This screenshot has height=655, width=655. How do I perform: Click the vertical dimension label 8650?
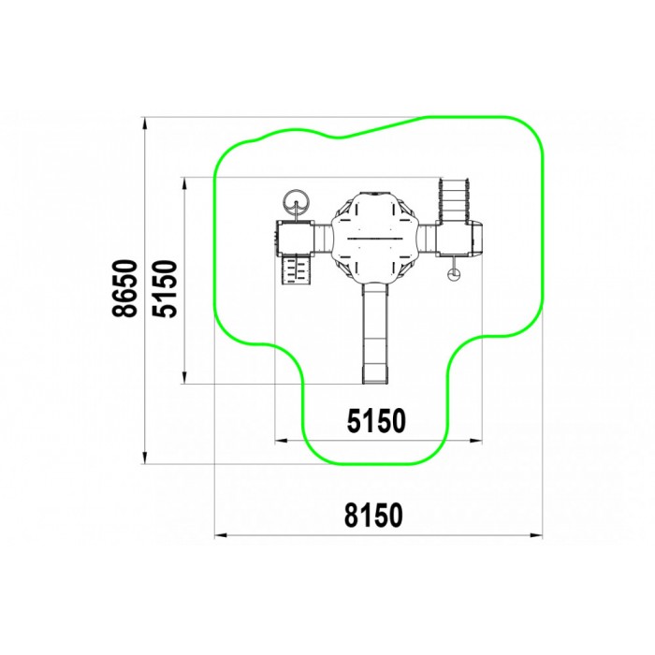click(x=124, y=288)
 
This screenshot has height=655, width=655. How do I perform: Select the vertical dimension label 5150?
click(x=165, y=288)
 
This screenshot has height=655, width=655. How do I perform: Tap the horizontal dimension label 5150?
click(x=376, y=421)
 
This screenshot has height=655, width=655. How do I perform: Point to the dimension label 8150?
click(x=374, y=515)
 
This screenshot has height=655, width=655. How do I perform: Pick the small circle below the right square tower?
click(x=453, y=274)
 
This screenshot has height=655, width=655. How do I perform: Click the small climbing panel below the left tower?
click(x=297, y=269)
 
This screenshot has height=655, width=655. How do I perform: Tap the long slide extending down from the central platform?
click(x=375, y=333)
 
